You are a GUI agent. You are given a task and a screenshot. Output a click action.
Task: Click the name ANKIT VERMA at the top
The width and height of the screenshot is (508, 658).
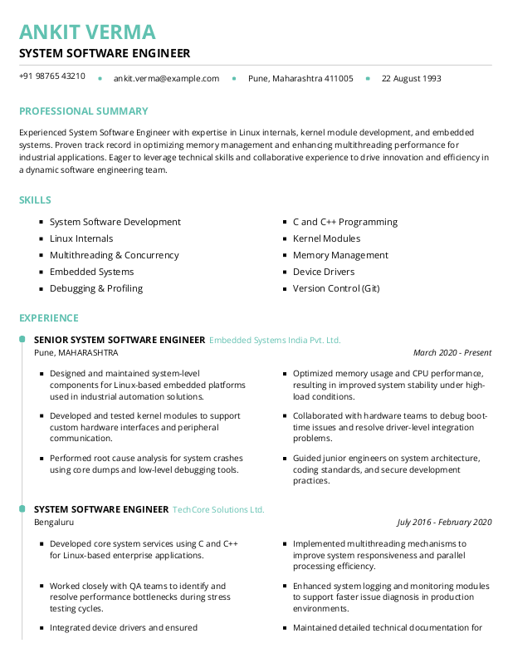point(87,32)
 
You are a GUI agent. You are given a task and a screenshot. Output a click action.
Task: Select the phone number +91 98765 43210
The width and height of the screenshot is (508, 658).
point(52,76)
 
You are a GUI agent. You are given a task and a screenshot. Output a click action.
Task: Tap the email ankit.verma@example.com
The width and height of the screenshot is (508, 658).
point(166,79)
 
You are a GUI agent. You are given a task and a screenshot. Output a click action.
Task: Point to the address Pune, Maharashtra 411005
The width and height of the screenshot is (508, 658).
point(300,79)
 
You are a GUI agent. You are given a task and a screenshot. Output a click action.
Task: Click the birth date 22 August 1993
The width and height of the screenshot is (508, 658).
point(411,79)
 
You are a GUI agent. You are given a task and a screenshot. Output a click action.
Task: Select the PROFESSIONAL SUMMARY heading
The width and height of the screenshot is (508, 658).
point(84,111)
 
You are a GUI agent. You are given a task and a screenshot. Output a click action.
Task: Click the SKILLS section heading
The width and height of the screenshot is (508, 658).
point(36,200)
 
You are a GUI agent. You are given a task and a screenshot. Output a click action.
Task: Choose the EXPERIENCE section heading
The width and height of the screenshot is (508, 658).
point(49,318)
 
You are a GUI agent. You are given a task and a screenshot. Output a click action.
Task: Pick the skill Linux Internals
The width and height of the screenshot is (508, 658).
point(81,239)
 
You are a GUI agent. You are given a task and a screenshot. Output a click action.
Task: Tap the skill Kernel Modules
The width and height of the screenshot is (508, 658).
point(326,239)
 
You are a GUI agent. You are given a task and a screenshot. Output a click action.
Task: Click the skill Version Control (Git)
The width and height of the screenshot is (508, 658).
point(336,289)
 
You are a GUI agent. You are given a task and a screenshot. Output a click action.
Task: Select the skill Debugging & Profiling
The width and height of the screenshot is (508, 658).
point(96,289)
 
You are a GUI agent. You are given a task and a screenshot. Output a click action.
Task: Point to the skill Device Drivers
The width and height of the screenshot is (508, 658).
point(324,273)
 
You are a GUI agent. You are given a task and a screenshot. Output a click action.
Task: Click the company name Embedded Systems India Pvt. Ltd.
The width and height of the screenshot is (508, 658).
point(275,341)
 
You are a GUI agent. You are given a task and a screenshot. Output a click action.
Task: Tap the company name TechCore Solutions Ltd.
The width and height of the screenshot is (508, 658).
point(218,509)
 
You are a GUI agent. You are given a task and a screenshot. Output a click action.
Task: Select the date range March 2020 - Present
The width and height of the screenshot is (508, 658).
point(452,353)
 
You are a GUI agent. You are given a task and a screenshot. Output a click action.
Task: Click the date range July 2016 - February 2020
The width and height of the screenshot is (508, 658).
point(444,523)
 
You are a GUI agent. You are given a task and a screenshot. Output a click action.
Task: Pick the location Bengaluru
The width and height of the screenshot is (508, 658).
point(54,523)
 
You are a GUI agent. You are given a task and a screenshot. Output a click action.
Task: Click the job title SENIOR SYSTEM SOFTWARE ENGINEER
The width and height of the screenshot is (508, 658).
point(120,341)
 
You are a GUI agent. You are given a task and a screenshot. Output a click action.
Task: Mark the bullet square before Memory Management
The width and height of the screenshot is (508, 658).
point(285,256)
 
